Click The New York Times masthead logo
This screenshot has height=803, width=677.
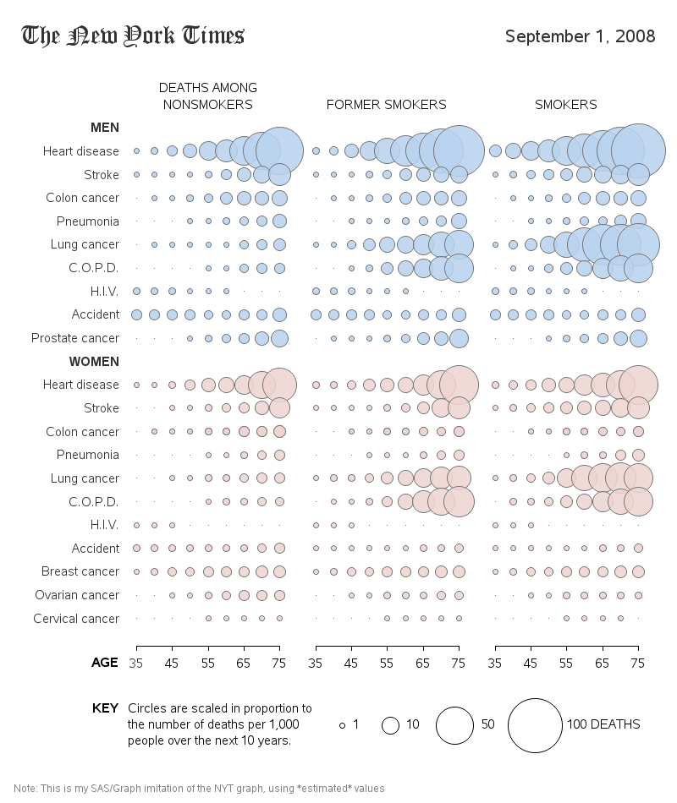tap(133, 36)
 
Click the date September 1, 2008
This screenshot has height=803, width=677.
tap(580, 36)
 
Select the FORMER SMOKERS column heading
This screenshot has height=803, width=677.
tap(386, 105)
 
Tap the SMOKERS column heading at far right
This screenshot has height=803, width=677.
tap(565, 105)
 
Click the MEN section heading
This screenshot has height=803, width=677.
tap(104, 128)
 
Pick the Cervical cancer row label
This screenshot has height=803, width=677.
tap(76, 619)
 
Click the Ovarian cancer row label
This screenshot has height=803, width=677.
tap(77, 595)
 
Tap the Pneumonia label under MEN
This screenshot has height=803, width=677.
tap(87, 221)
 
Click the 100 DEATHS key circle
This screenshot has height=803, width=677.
tap(535, 725)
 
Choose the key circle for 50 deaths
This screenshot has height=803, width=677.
tap(454, 725)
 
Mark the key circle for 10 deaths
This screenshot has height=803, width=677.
tap(390, 725)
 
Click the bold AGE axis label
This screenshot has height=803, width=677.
tap(104, 663)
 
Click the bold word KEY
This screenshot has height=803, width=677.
tap(105, 708)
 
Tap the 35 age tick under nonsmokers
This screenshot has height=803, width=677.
tap(136, 663)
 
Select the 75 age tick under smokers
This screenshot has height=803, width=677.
tap(638, 663)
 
